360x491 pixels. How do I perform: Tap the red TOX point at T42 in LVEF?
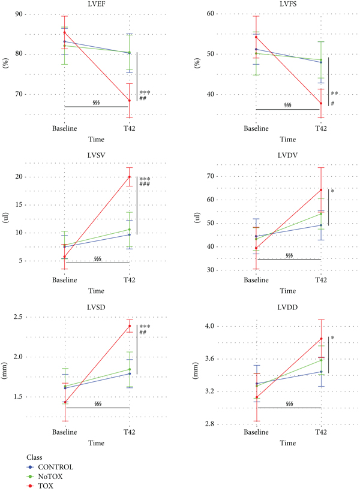(x=129, y=101)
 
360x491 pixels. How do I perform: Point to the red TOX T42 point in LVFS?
(x=322, y=103)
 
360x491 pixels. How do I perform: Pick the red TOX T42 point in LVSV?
(x=129, y=177)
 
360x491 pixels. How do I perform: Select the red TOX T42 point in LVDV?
(x=322, y=190)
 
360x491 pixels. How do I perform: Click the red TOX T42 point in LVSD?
(x=129, y=326)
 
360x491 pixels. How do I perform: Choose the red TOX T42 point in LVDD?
(x=322, y=339)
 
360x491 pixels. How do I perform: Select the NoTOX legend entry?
(x=50, y=476)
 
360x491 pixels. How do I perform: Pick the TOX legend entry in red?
(x=46, y=486)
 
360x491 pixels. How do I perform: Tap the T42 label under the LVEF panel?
(x=129, y=128)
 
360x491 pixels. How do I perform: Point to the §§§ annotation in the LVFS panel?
(x=287, y=105)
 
